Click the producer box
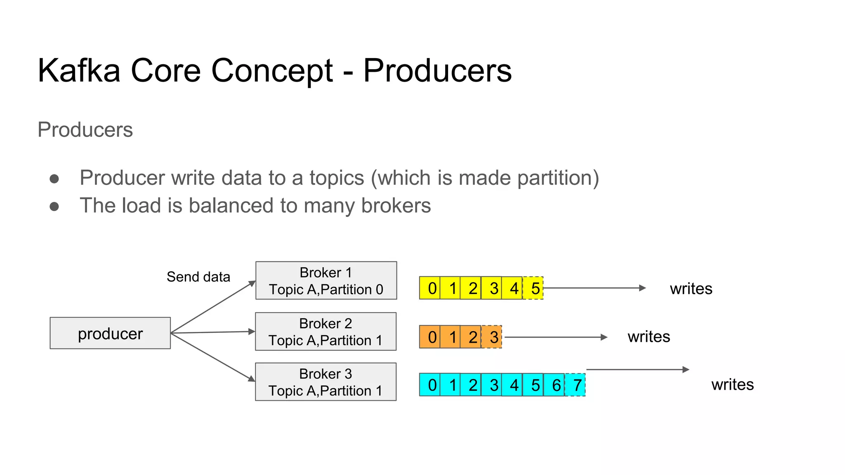tap(110, 333)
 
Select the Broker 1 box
tap(326, 280)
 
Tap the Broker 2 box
tap(326, 332)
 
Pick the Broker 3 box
tap(326, 382)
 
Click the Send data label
tap(198, 277)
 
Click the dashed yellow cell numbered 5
tap(533, 288)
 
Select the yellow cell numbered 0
tap(430, 288)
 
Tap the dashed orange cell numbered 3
tap(492, 337)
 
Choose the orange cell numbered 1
tap(451, 337)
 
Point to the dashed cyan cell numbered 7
tap(575, 385)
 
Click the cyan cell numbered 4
tap(512, 385)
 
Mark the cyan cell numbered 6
tap(554, 385)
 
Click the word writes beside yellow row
tap(691, 289)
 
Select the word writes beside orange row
tap(649, 336)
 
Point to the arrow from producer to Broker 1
tap(212, 307)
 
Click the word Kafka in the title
tap(79, 71)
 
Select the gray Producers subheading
tap(85, 129)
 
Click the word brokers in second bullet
tap(396, 205)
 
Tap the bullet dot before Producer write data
tap(54, 179)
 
